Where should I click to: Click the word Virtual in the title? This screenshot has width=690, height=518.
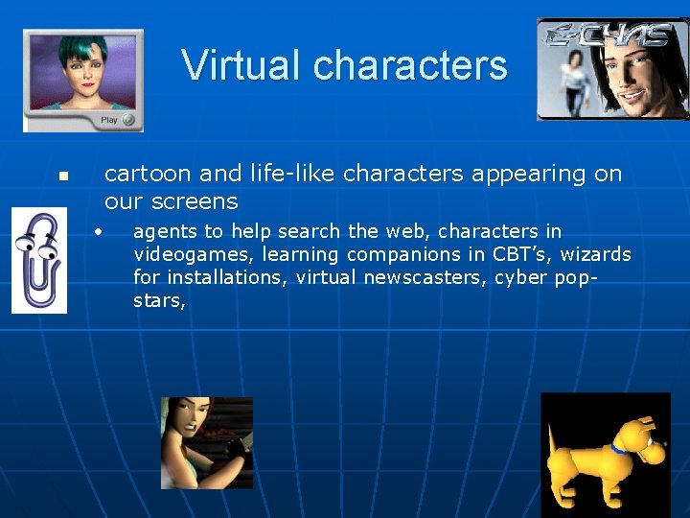point(241,65)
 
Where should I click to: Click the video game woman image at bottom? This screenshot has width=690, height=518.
point(206,442)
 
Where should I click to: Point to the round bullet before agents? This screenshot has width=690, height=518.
point(98,230)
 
